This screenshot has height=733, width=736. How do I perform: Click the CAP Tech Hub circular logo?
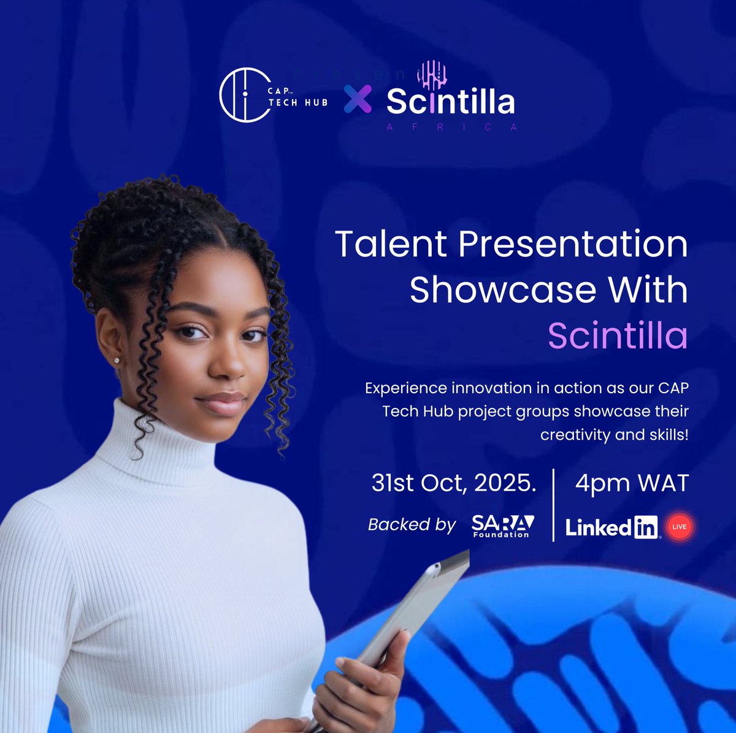245,94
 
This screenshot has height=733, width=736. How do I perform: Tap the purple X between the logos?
357,99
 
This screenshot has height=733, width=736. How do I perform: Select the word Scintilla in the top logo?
450,102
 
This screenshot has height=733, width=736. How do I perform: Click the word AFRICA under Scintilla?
450,127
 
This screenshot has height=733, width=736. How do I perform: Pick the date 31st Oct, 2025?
453,483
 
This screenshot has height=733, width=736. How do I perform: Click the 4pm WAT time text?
632,483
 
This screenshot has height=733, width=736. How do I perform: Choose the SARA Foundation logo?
502,526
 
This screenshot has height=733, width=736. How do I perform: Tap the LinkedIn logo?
611,527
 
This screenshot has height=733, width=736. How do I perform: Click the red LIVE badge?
680,527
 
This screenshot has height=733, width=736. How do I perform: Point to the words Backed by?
412,525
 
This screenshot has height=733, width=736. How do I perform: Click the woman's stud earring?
117,360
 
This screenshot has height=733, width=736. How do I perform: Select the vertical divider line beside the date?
554,504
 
